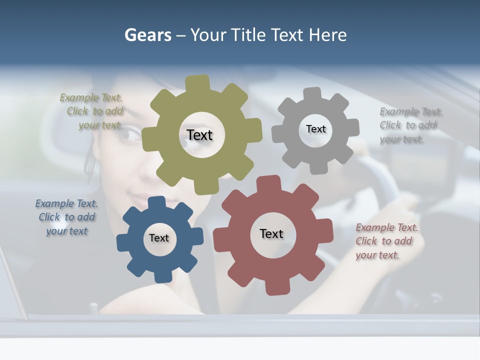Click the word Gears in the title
[x=148, y=35]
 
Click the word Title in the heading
[x=249, y=35]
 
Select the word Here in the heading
[x=327, y=35]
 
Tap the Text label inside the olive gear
[x=199, y=135]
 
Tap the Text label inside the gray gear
[x=315, y=129]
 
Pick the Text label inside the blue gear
[x=159, y=238]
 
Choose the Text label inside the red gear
[x=271, y=233]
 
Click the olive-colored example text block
[x=92, y=111]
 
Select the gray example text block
[x=410, y=125]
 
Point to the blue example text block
[x=66, y=217]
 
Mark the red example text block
[x=386, y=241]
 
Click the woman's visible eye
[x=131, y=133]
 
